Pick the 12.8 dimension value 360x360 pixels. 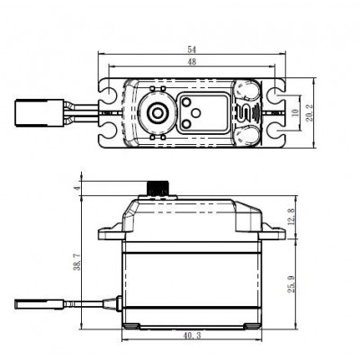pyautogui.click(x=290, y=216)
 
